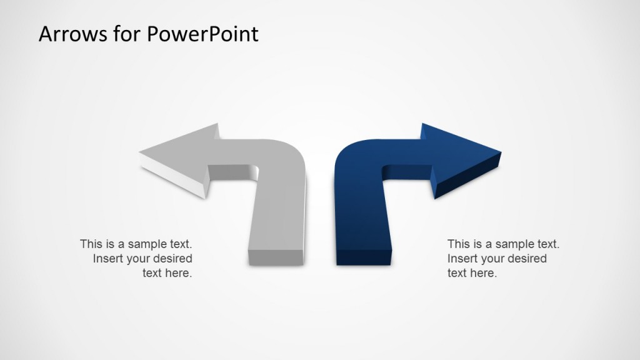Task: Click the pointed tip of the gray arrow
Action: [x=141, y=152]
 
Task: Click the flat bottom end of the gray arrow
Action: [x=276, y=256]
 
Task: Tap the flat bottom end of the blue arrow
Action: [x=362, y=256]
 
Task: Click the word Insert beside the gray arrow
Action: [x=107, y=258]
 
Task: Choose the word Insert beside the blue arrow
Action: [x=462, y=258]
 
